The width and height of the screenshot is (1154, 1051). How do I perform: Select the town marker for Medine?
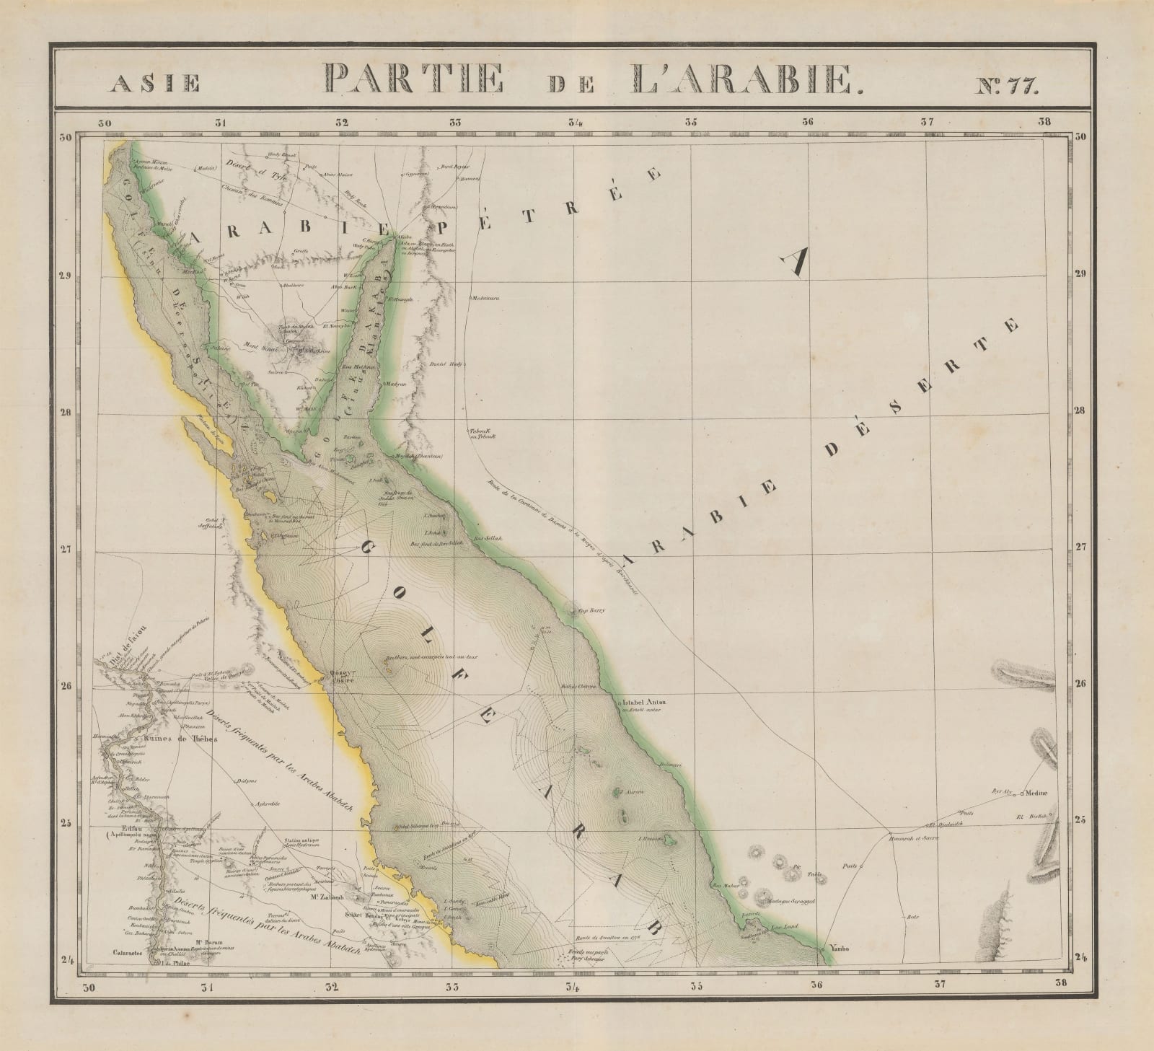click(1024, 794)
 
